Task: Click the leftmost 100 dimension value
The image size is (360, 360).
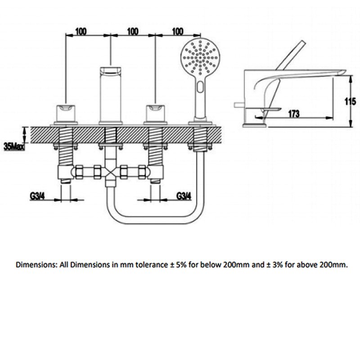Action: click(81, 31)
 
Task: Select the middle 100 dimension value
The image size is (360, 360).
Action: click(132, 31)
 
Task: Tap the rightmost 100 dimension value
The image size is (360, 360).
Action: click(177, 31)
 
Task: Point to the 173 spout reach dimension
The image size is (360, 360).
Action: click(293, 114)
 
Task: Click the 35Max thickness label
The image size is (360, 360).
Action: click(13, 146)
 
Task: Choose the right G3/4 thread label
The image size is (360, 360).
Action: click(184, 196)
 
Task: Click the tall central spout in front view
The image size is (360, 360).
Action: click(110, 94)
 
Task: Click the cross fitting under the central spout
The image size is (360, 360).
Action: click(110, 172)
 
